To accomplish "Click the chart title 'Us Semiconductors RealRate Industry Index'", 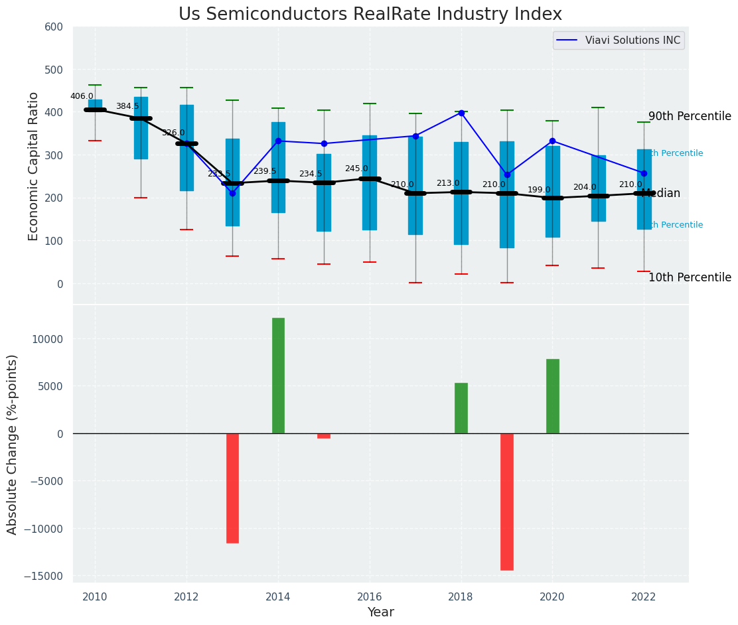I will tap(370, 15).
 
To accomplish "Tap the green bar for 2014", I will tap(278, 376).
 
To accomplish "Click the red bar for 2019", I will tap(507, 502).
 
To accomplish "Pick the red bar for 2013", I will tap(232, 488).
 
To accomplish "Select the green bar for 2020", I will tap(552, 396).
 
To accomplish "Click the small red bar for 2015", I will tap(324, 436).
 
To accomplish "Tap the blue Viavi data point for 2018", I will tap(461, 113).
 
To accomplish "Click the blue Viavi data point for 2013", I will tap(232, 193).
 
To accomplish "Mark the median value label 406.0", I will tap(82, 96).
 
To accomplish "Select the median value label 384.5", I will tap(127, 106).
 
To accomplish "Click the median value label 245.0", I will tap(356, 169).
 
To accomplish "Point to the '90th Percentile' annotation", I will tap(690, 117).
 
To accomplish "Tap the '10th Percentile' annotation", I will tap(690, 278).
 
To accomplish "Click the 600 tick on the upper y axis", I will tap(54, 27).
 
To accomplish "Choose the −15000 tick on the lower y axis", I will tap(44, 576).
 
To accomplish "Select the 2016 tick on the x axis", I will tap(370, 596).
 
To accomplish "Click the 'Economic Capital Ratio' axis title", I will tap(34, 166).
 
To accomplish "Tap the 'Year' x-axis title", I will tap(381, 612).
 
